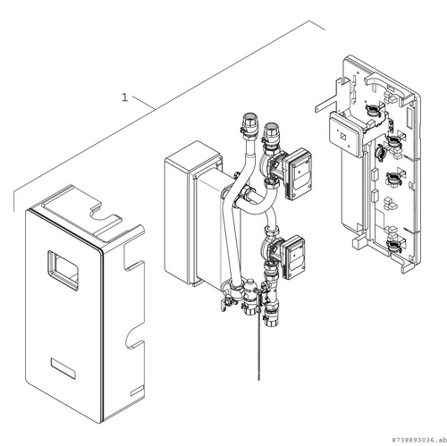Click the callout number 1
(x=125, y=97)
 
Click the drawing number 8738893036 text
(x=415, y=440)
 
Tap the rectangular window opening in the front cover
(x=63, y=270)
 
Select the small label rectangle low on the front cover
(x=63, y=368)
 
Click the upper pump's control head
(x=298, y=173)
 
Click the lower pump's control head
(x=293, y=257)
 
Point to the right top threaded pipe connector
(x=271, y=135)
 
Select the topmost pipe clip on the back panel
(x=373, y=109)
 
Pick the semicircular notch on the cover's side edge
(x=133, y=340)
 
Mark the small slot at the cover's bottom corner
(x=137, y=391)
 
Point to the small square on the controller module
(x=342, y=136)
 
